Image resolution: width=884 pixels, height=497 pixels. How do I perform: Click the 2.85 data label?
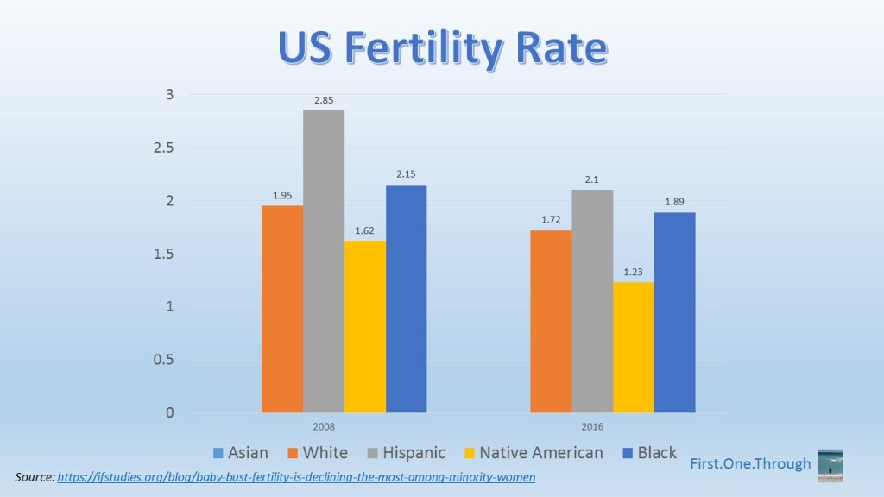[x=324, y=101]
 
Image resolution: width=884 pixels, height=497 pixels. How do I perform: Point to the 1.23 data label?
[x=634, y=273]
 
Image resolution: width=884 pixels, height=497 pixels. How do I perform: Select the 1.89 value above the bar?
[x=674, y=203]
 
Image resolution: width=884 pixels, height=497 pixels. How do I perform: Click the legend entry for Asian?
[x=241, y=453]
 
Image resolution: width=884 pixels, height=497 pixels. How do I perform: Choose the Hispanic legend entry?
[x=406, y=453]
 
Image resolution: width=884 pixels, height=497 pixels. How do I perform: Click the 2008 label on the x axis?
[x=324, y=427]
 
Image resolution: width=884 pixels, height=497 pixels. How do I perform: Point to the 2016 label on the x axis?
[x=592, y=427]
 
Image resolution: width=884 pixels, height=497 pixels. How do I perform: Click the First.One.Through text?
[x=750, y=464]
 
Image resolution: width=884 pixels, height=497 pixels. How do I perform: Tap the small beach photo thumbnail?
[x=830, y=465]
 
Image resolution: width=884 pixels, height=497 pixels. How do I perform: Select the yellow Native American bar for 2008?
[x=364, y=326]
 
